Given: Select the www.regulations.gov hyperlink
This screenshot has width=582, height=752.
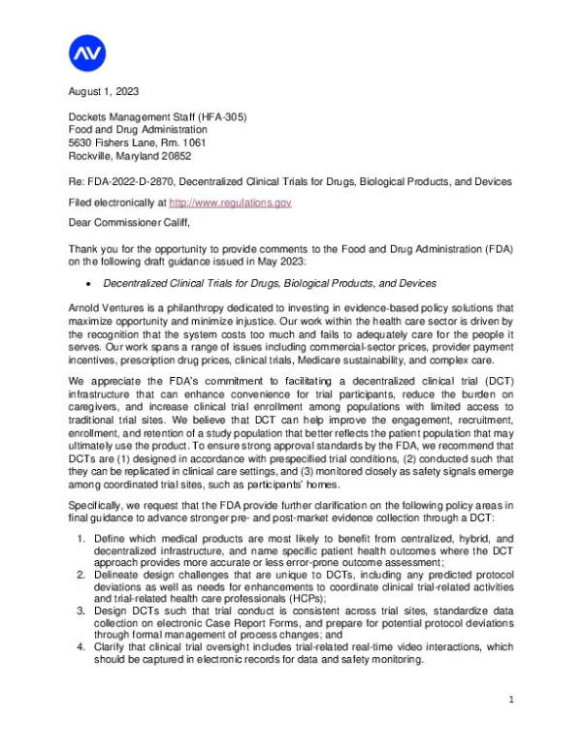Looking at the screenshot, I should [x=230, y=203].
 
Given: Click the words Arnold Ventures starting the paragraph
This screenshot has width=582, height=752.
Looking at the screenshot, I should [x=106, y=306].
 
